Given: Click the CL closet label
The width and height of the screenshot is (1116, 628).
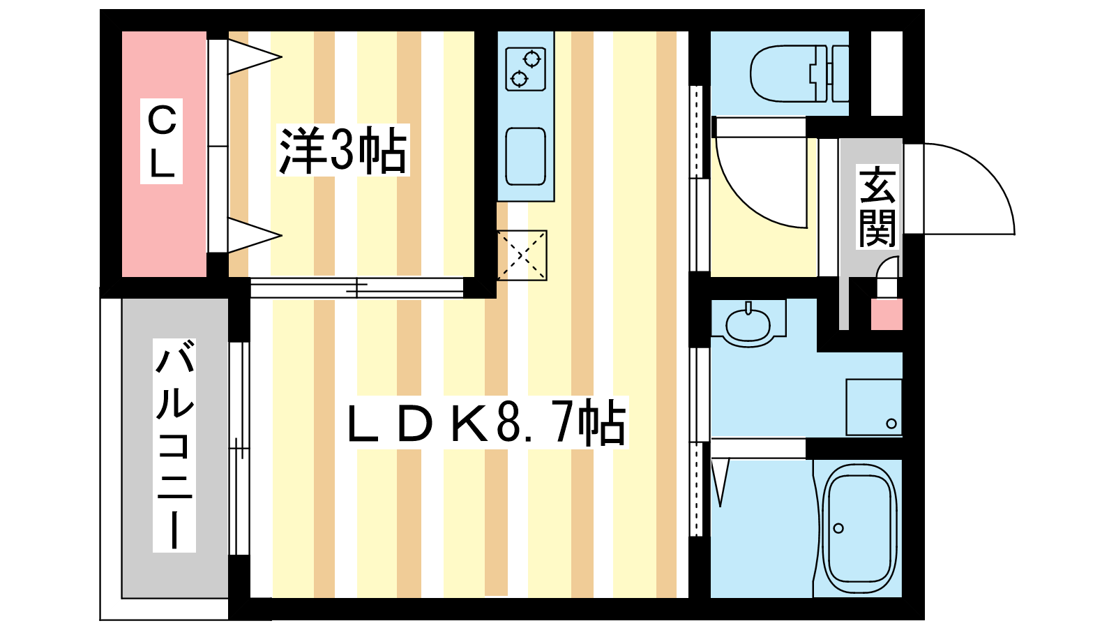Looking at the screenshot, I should pyautogui.click(x=162, y=141).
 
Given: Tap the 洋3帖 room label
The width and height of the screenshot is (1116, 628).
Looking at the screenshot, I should pyautogui.click(x=342, y=150).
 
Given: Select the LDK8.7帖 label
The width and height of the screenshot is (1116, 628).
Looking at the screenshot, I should pyautogui.click(x=486, y=423).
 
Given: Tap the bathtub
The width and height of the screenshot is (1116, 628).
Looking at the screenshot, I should pyautogui.click(x=859, y=528).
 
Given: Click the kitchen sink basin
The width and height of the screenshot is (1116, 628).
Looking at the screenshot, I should pyautogui.click(x=525, y=156).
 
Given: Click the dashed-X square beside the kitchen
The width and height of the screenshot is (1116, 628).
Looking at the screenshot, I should pyautogui.click(x=522, y=255).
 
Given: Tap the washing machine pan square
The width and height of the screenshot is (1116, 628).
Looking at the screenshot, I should pyautogui.click(x=874, y=407).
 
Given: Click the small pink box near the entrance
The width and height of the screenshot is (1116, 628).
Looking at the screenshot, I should pyautogui.click(x=887, y=315).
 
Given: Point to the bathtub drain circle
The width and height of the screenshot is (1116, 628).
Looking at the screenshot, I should pyautogui.click(x=838, y=528).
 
